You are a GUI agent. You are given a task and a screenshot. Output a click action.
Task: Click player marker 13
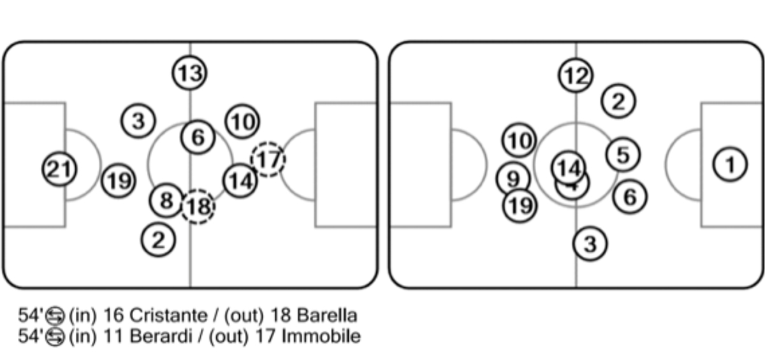point(189,73)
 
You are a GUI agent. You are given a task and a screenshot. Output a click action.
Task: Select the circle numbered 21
point(59,170)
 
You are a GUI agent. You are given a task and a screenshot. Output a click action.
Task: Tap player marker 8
point(166,201)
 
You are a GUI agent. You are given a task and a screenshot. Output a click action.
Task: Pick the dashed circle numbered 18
point(198,206)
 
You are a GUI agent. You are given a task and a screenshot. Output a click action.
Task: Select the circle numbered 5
point(623,155)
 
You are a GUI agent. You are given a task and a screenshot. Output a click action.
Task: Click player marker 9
point(513,179)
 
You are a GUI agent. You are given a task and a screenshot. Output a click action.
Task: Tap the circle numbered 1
point(729,166)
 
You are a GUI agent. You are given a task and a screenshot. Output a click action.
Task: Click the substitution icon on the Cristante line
point(55,316)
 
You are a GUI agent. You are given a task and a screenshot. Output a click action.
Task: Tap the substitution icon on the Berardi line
point(55,336)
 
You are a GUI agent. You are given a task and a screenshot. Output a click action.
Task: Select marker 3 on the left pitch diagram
point(139,120)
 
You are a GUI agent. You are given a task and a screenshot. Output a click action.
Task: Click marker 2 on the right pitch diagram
point(618,101)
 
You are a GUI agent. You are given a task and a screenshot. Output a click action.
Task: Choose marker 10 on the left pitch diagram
point(242,122)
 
